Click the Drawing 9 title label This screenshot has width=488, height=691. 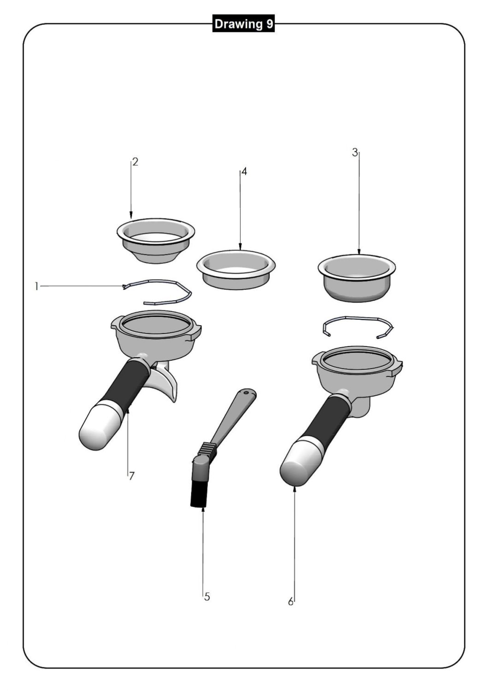click(x=243, y=24)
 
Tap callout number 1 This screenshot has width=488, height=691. click(x=36, y=287)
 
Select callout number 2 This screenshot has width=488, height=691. click(x=135, y=162)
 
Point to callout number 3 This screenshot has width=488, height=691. click(x=355, y=152)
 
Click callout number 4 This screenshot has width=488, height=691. click(x=244, y=172)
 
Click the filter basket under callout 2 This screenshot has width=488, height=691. click(x=156, y=240)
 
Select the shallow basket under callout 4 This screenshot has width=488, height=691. click(x=236, y=269)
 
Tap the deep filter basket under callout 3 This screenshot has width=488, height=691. click(x=357, y=278)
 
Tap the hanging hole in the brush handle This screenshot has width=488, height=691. click(x=246, y=393)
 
